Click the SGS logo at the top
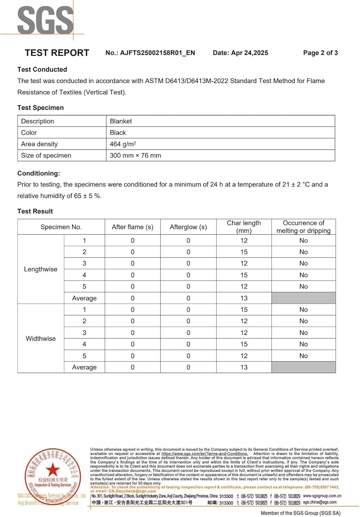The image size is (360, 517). coord(45,21)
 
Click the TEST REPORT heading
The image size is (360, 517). coord(57,53)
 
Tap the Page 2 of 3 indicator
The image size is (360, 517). coord(320,53)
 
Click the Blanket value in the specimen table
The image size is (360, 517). coord(121,121)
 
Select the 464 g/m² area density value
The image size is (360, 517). coord(123,144)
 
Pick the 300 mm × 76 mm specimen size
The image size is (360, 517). coord(135,155)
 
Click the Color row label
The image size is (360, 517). coord(29,133)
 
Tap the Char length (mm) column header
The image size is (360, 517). coord(244,227)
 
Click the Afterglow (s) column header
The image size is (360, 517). coord(188,227)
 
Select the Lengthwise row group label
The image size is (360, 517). coord(41,269)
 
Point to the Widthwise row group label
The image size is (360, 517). coord(41,338)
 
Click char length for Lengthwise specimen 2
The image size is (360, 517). coord(244,252)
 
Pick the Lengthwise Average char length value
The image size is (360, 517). coord(244,298)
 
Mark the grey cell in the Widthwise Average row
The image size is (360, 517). coord(304,367)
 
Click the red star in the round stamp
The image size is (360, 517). coord(53,469)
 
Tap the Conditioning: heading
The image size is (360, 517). coord(39,173)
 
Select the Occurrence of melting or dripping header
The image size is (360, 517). coord(304,227)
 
